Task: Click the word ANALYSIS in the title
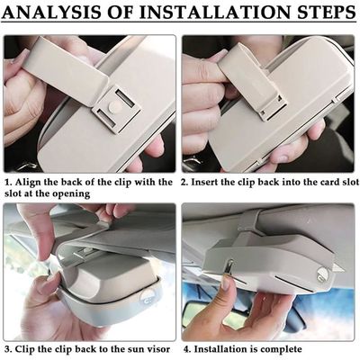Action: [50, 12]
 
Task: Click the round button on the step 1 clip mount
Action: [114, 106]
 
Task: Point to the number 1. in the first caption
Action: [8, 182]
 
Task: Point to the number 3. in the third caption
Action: [8, 349]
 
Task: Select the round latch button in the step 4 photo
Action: [322, 275]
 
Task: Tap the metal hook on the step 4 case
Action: [229, 267]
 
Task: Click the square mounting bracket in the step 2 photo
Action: [272, 105]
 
